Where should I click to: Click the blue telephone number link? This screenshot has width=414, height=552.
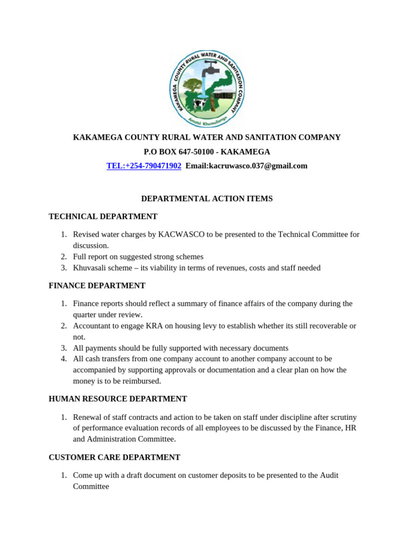tap(144, 165)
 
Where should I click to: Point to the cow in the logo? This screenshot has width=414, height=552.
tap(201, 103)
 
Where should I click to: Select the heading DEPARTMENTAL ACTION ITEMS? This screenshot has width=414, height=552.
tap(207, 198)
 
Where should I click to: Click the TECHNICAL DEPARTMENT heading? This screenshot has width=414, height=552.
tap(103, 216)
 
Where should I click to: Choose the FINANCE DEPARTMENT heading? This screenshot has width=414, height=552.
tap(97, 285)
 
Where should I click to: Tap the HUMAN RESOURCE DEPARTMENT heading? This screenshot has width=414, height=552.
tap(118, 399)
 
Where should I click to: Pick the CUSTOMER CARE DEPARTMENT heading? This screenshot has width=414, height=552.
tap(114, 457)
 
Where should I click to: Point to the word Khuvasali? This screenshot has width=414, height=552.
tap(90, 267)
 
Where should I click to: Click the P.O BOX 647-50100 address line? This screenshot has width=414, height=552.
tap(207, 151)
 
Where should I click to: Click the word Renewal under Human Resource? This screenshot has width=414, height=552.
tap(87, 417)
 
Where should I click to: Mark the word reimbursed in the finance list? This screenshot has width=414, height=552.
tap(142, 381)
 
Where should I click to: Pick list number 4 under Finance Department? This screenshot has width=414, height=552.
tap(64, 358)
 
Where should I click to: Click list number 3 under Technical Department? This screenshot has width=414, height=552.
tap(64, 267)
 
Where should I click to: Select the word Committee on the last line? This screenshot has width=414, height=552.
tap(91, 486)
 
